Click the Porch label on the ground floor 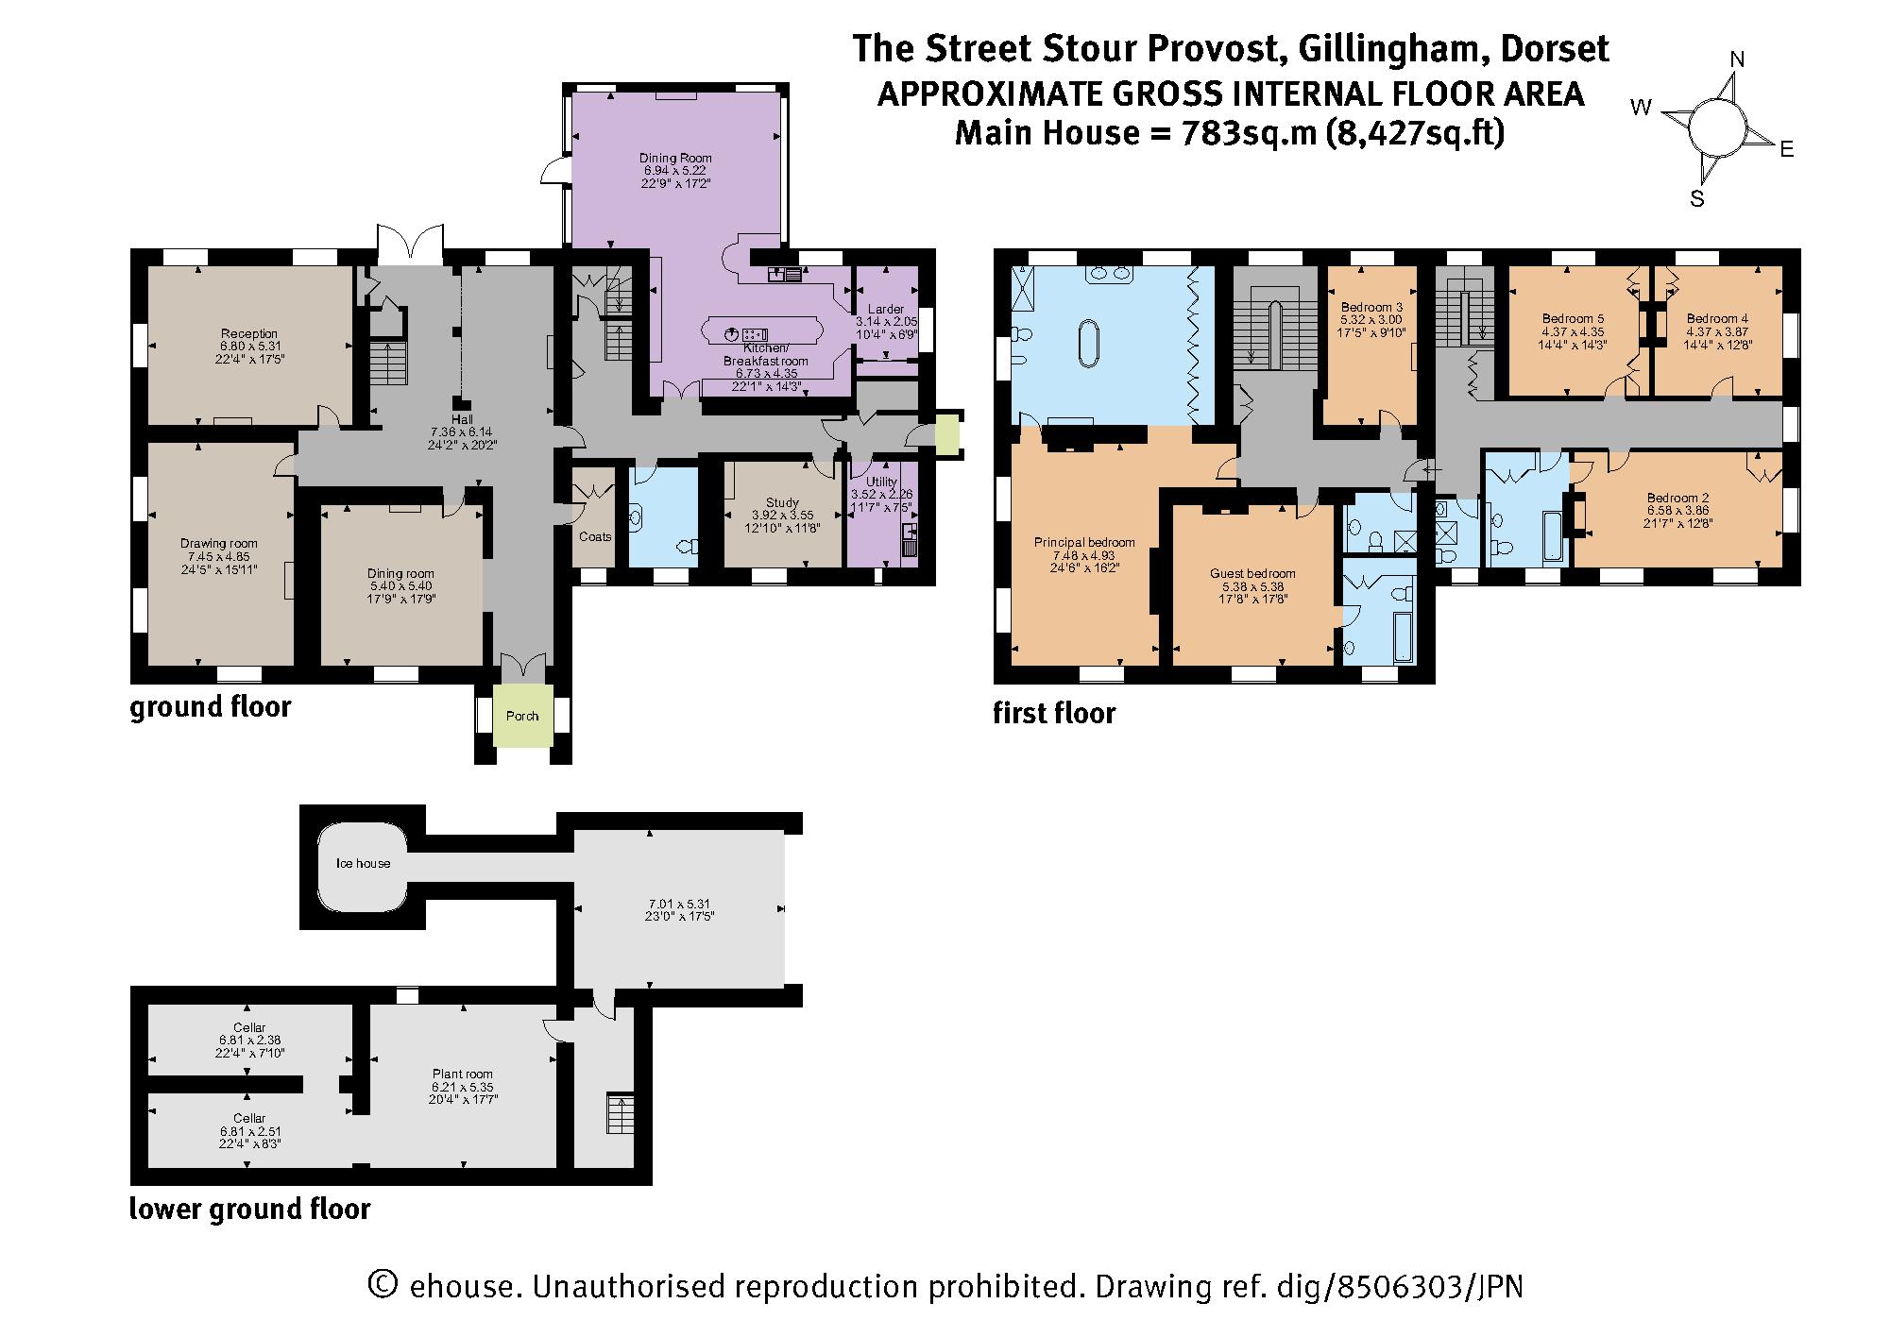point(522,716)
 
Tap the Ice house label point(364,863)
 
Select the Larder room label point(886,309)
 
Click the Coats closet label point(595,536)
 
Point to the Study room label point(782,502)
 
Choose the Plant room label point(463,1074)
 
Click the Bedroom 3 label point(1371,307)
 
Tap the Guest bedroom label point(1252,573)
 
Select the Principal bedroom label point(1084,542)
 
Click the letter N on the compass point(1736,59)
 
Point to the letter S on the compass point(1697,199)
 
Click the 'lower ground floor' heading point(250,1208)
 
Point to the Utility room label point(881,482)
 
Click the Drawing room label point(219,543)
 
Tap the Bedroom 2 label point(1677,498)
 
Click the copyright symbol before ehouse point(381,1285)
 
